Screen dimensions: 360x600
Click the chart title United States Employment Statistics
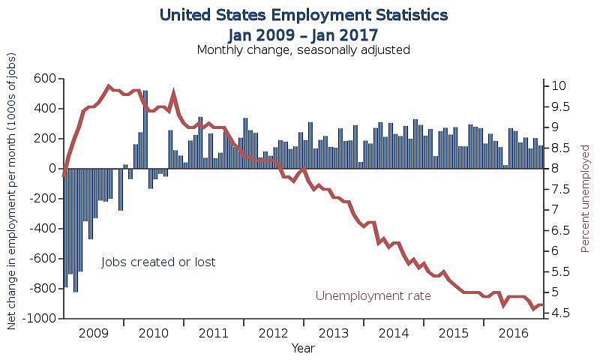304,15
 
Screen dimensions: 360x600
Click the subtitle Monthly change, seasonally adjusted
303,50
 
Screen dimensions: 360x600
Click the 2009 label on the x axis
94,332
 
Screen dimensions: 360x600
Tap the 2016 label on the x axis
514,332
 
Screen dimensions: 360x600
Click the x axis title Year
303,349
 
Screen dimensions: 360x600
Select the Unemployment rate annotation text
373,296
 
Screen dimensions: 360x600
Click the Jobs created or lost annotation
158,262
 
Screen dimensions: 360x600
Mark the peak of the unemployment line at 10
109,86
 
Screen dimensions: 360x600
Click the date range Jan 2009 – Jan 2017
303,34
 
